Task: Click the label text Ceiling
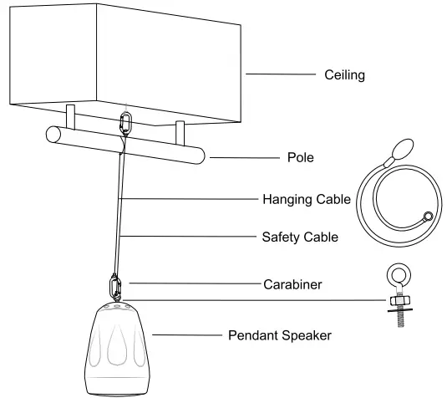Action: pos(345,75)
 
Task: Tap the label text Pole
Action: pos(299,156)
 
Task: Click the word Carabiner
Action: pos(293,284)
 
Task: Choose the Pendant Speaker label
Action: pos(280,336)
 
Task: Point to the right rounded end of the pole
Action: pos(200,156)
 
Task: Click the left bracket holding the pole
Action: pos(70,115)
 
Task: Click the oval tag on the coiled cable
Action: pos(400,150)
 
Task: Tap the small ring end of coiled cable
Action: pos(427,217)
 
